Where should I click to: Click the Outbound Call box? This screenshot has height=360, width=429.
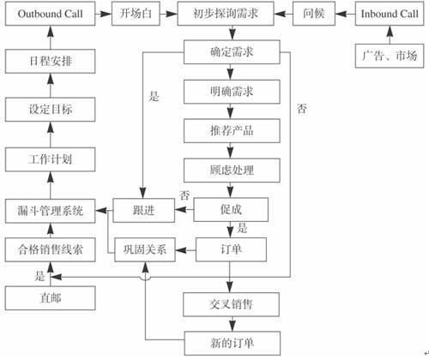49,15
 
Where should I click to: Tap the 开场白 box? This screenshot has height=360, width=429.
136,15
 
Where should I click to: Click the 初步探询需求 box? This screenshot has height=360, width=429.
231,15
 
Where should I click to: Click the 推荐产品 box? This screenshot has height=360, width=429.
231,131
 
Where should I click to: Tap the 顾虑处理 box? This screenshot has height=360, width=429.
231,170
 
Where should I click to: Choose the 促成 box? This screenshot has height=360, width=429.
231,209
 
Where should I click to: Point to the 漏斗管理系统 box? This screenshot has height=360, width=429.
49,209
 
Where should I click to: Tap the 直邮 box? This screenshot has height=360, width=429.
49,299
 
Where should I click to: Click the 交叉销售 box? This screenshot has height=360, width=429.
231,303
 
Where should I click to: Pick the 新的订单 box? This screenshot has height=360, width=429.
231,343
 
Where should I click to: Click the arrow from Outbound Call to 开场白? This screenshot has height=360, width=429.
102,15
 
